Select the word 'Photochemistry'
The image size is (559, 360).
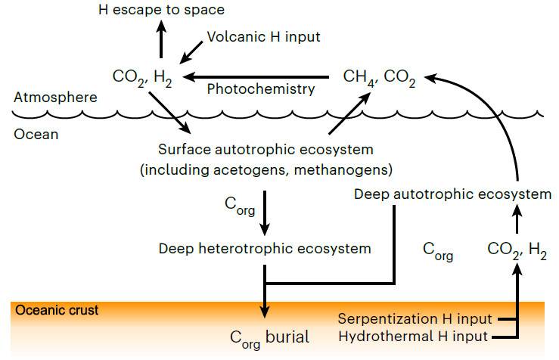coord(260,89)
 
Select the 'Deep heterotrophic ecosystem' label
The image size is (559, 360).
coord(264,247)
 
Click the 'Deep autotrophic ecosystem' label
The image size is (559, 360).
coord(452,194)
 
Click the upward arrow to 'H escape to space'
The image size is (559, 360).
coord(161,40)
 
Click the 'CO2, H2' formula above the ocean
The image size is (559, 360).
coord(141,77)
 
